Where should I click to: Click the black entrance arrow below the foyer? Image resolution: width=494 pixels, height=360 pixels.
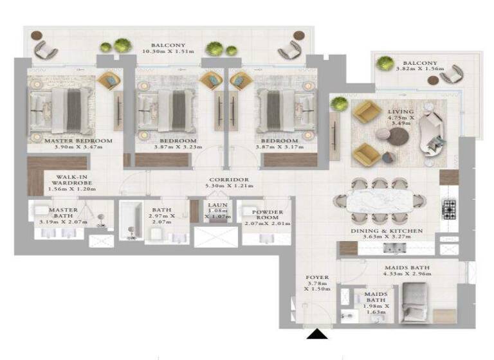[316, 334]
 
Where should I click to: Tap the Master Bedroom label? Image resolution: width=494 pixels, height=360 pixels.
[78, 141]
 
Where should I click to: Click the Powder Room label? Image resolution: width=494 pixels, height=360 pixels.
[268, 213]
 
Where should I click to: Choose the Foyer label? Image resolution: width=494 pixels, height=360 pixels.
[318, 278]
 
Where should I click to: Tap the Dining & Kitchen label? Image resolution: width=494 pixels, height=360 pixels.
[387, 230]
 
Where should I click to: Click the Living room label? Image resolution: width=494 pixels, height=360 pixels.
[401, 112]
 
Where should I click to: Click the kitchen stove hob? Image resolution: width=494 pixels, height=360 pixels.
[449, 208]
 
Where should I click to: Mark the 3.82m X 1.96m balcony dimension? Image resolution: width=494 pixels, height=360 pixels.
[416, 69]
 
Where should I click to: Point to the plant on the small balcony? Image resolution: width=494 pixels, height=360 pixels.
[385, 63]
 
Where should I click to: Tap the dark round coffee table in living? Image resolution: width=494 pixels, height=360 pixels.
[399, 136]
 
